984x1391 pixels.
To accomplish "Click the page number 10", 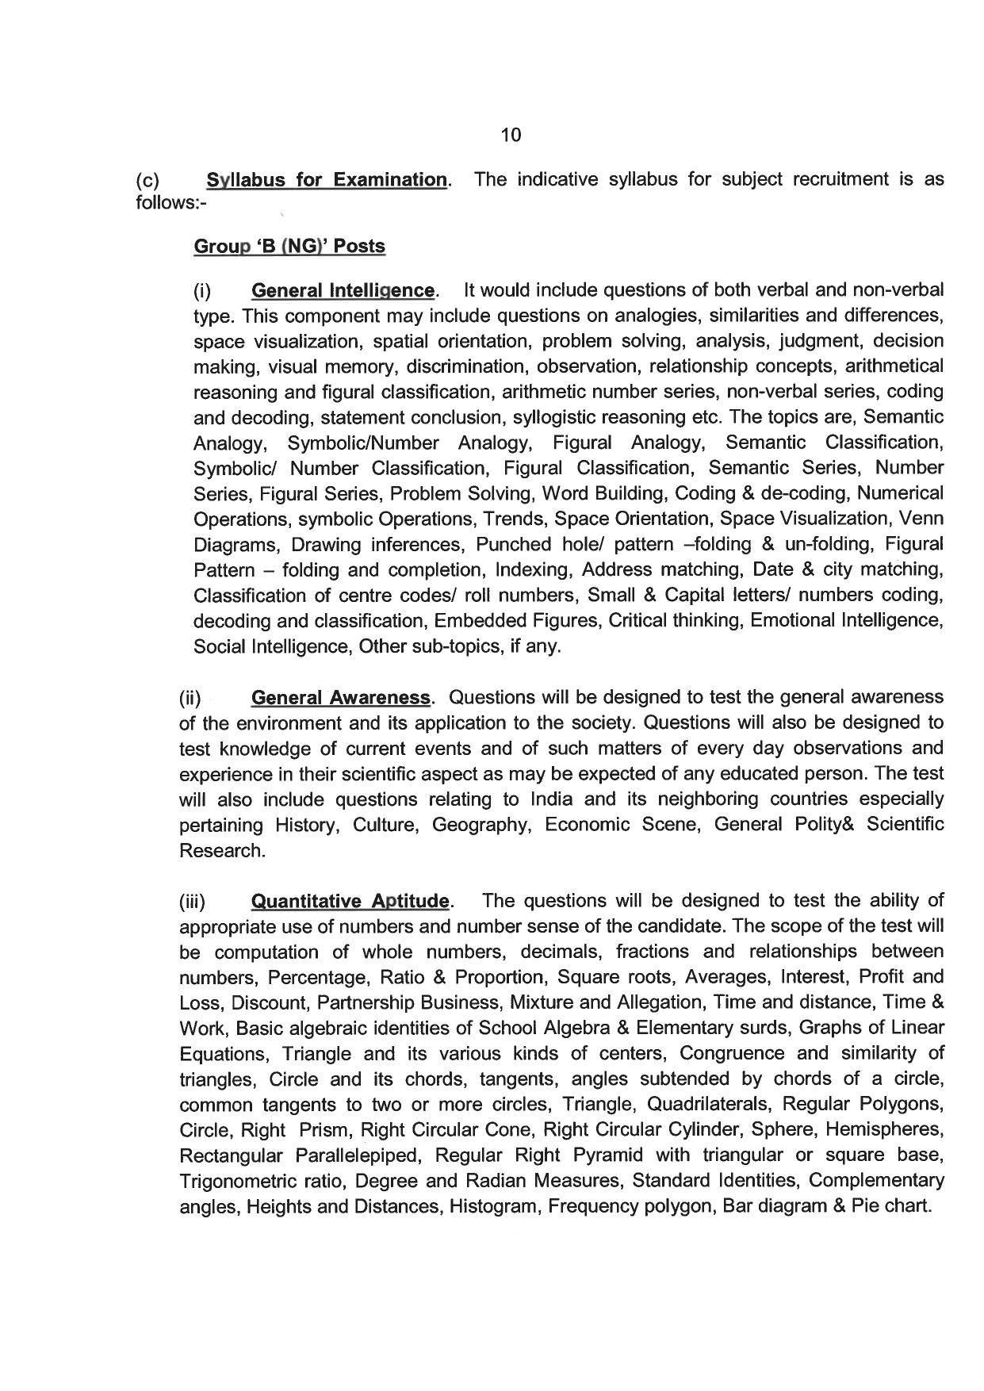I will click(x=511, y=136).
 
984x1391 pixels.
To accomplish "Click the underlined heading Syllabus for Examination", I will click(x=327, y=180).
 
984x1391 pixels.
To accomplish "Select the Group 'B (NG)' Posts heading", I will click(x=289, y=247).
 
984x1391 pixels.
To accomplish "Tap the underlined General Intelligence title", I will click(x=343, y=291).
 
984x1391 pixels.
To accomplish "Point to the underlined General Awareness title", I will click(x=340, y=698).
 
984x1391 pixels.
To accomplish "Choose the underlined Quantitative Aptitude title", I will click(x=350, y=902).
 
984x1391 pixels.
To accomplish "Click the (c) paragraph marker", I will click(x=147, y=180).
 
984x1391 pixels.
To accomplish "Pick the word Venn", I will click(x=922, y=519).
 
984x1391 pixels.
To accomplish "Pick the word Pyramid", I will click(x=607, y=1155).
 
